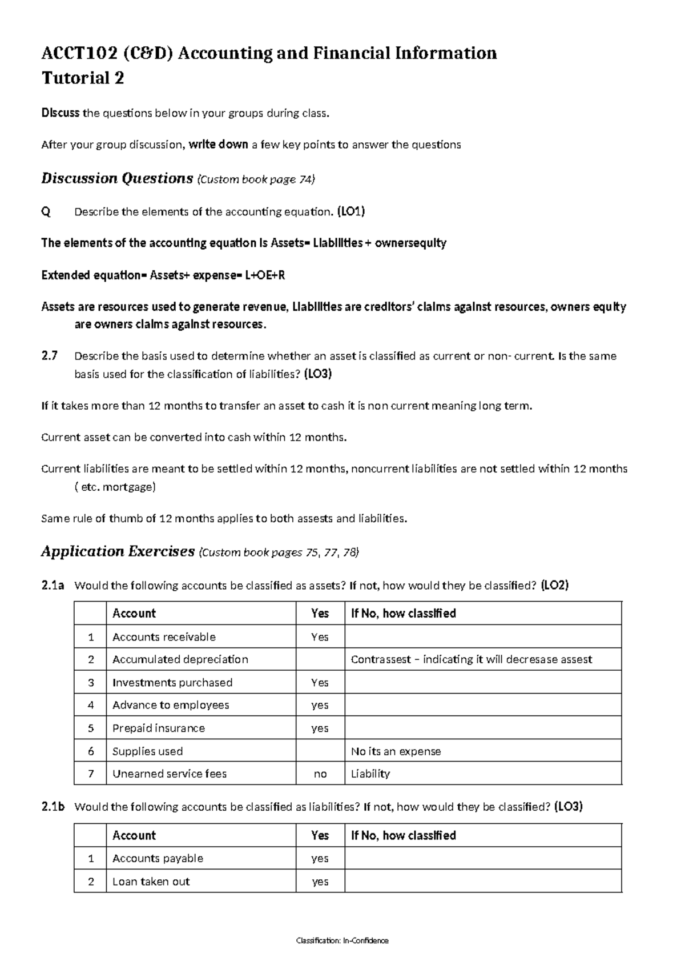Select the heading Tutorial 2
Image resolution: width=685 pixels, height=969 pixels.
click(x=83, y=78)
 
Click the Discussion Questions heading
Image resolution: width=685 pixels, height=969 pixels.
click(x=117, y=179)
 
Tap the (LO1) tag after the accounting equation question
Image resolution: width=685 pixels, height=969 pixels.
click(x=350, y=212)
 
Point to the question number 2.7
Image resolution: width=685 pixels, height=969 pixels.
click(x=50, y=356)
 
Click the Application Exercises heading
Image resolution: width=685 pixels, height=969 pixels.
click(x=118, y=552)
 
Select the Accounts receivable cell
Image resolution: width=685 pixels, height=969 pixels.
click(x=164, y=637)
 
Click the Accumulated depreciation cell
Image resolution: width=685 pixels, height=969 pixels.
click(x=180, y=659)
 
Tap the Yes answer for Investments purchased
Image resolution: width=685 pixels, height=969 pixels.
click(x=320, y=683)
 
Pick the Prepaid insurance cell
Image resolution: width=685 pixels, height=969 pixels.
click(x=158, y=728)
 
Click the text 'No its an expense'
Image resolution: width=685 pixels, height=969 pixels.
click(x=396, y=751)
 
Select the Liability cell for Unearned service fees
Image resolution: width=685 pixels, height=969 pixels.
click(x=370, y=774)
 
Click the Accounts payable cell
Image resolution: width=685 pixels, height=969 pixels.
click(x=158, y=858)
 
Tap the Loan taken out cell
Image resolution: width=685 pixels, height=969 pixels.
click(x=151, y=882)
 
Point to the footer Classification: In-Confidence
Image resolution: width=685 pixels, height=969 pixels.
click(x=342, y=940)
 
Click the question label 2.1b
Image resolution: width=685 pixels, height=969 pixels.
click(x=53, y=807)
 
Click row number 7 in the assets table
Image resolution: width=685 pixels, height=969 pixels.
click(x=90, y=774)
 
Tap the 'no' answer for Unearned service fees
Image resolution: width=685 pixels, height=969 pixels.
click(x=320, y=774)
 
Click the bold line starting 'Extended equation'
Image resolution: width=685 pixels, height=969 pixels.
click(x=163, y=275)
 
